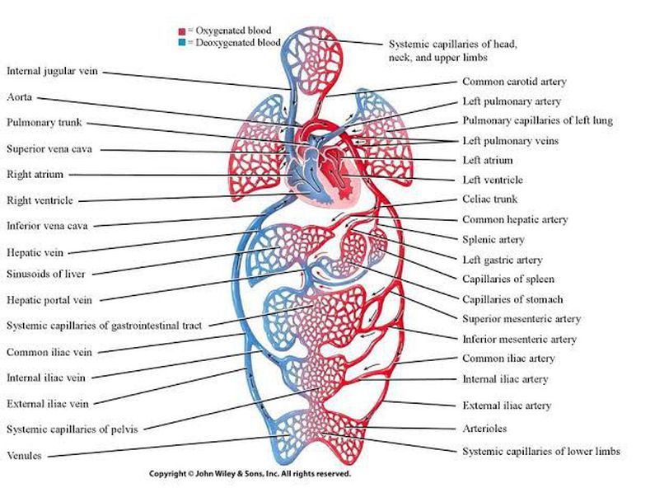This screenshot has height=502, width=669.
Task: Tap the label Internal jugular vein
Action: [x=53, y=72]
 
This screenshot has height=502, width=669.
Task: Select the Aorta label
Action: [x=20, y=96]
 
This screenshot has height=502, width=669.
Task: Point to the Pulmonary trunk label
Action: [x=44, y=123]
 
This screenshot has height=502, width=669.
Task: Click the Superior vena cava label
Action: [x=49, y=149]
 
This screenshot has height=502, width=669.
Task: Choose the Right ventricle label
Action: [x=40, y=200]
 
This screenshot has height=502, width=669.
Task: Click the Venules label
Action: [x=26, y=455]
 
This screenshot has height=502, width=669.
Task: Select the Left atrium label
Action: [x=488, y=161]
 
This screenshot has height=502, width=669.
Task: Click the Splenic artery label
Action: [x=494, y=240]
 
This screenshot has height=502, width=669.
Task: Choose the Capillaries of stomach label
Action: [x=512, y=299]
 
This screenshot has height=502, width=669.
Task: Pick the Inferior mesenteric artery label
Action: [x=519, y=339]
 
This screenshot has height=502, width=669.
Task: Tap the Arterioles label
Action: [x=485, y=429]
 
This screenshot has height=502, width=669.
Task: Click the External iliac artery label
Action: [x=507, y=406]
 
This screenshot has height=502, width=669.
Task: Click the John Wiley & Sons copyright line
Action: [x=250, y=475]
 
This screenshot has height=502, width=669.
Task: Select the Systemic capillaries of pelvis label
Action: [x=73, y=429]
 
